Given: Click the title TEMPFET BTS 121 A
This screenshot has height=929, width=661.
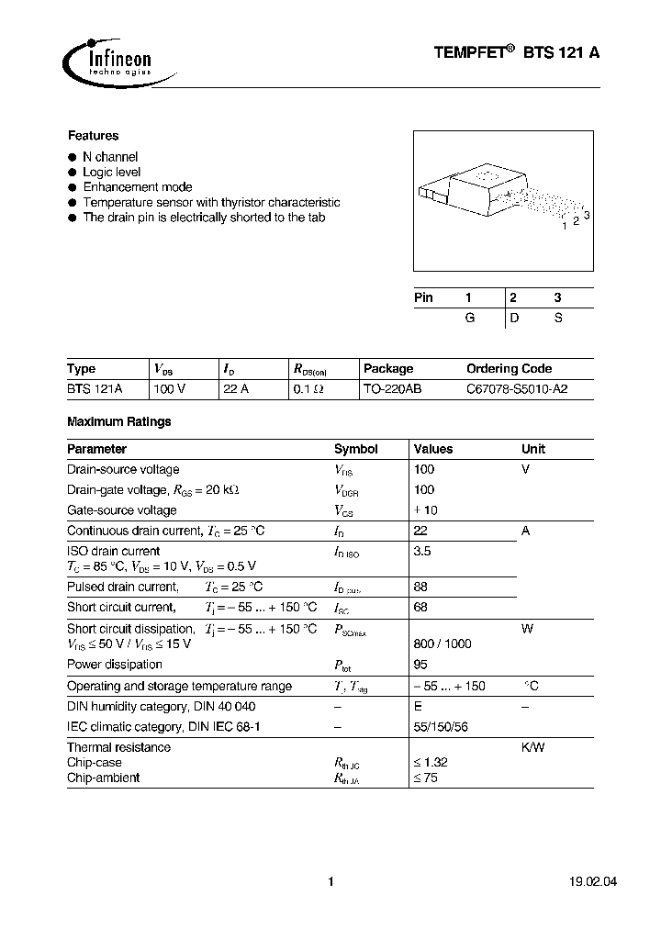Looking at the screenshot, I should pos(517,54).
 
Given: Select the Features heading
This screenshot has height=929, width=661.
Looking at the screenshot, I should pos(93,135).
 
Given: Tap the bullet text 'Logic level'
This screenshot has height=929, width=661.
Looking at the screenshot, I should pos(111,173).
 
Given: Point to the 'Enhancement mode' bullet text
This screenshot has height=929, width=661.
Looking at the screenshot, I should pos(137,187).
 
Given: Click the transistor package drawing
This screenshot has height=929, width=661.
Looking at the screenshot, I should pos(500,196).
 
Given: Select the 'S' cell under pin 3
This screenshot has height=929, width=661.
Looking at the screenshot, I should pos(556,318).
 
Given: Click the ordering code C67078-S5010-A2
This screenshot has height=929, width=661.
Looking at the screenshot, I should pos(517,389).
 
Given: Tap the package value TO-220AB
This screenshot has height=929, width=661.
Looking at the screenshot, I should pos(393,389).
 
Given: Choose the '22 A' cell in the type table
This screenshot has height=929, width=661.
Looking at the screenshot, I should pos(236,389).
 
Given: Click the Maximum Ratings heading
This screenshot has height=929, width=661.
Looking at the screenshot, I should pos(119,422).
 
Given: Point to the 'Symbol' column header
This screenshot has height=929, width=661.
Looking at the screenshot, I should pos(355,450).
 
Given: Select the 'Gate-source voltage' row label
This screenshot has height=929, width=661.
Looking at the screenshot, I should pos(122,510).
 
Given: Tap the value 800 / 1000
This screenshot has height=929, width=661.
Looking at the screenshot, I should pos(443,644).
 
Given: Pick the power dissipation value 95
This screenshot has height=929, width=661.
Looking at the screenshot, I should pos(421,665).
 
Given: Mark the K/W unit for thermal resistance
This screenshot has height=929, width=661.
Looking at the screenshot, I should pos(532,747).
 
